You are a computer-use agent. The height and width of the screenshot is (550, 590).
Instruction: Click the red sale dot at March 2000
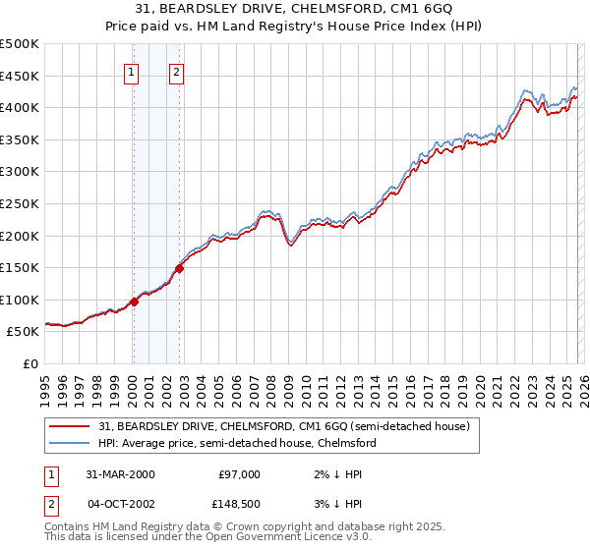click(x=135, y=302)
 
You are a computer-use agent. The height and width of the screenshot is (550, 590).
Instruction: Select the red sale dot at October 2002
click(x=180, y=268)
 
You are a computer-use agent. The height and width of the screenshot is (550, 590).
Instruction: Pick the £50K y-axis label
click(x=24, y=332)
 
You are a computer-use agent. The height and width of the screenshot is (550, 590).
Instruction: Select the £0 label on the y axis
click(x=32, y=364)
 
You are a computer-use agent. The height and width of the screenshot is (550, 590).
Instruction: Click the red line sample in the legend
click(x=71, y=426)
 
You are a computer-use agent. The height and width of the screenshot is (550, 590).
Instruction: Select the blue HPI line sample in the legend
click(x=71, y=443)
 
